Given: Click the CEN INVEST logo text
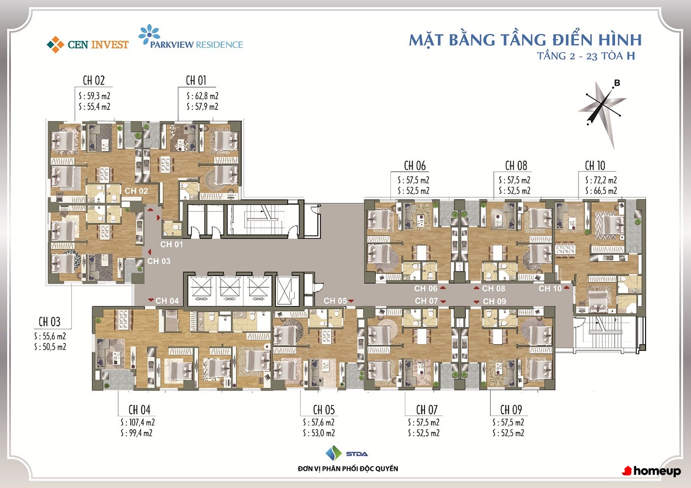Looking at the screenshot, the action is pyautogui.click(x=98, y=45).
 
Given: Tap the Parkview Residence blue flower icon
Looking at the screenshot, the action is pyautogui.click(x=149, y=35).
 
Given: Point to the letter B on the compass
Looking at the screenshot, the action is pyautogui.click(x=617, y=83).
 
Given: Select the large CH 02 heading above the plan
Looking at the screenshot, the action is pyautogui.click(x=94, y=80).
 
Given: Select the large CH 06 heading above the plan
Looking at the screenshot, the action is pyautogui.click(x=415, y=166).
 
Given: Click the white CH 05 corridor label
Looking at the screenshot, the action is pyautogui.click(x=335, y=301).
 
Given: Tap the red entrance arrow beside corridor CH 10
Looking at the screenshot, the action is pyautogui.click(x=567, y=288).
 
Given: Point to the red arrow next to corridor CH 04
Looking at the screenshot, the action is pyautogui.click(x=151, y=300).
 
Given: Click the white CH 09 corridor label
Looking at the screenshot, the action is pyautogui.click(x=495, y=301).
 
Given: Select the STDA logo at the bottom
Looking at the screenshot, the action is pyautogui.click(x=346, y=453).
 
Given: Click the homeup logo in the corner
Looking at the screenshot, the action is pyautogui.click(x=652, y=471).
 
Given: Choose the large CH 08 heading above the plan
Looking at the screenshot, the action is pyautogui.click(x=516, y=166).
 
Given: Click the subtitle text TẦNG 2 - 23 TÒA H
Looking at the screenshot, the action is pyautogui.click(x=586, y=56).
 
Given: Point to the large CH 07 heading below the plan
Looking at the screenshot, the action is pyautogui.click(x=426, y=410).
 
